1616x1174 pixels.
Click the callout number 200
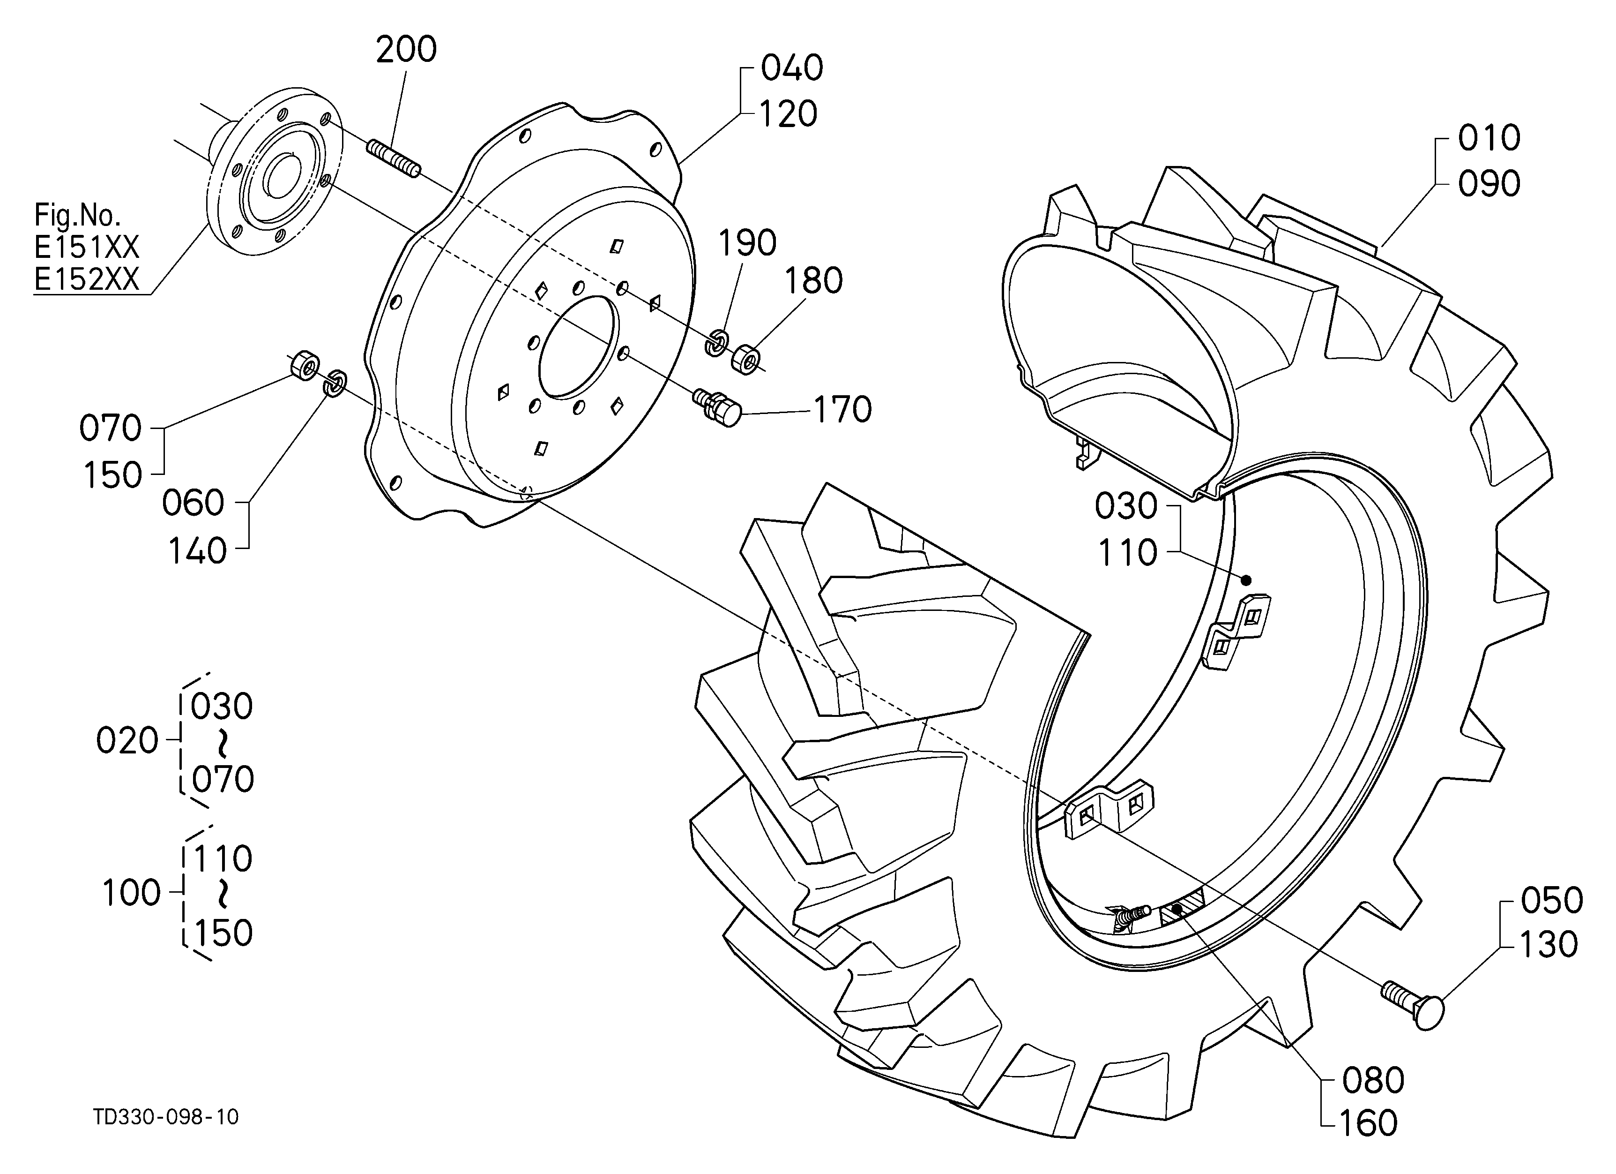[x=406, y=50]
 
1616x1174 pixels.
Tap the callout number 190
[x=747, y=243]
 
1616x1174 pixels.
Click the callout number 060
[x=193, y=503]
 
